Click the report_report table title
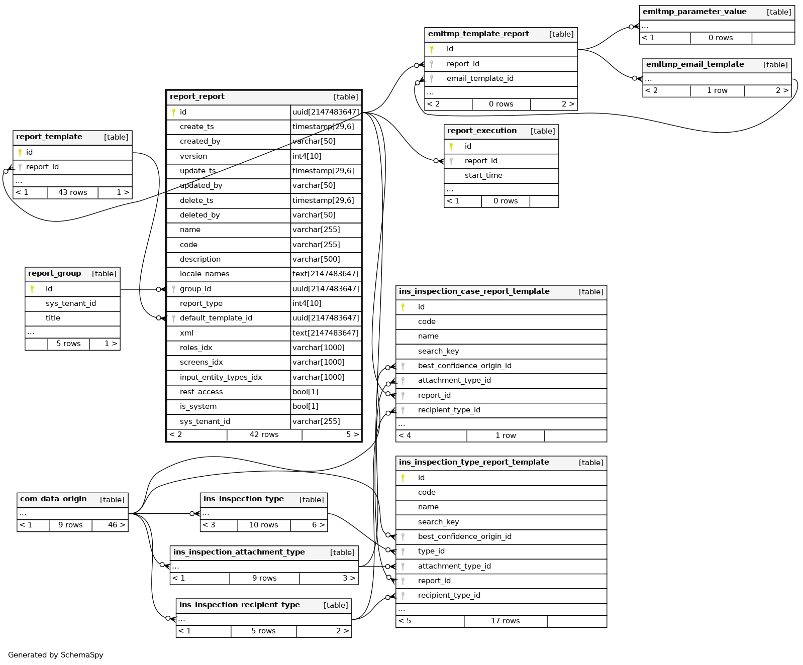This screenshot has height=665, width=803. point(197,97)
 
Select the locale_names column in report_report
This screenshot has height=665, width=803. point(205,274)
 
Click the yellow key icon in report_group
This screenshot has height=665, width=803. point(32,289)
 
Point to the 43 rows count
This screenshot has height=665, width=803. point(72,192)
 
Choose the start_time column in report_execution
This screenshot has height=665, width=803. point(483,175)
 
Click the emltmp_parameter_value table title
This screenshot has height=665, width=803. point(694,12)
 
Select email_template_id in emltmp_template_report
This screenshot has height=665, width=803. point(479,78)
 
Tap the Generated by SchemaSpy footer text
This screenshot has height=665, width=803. point(56,655)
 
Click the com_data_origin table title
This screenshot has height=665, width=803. point(53,499)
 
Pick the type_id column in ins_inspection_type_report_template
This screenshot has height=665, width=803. point(431,551)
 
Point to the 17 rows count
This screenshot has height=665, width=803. point(505,621)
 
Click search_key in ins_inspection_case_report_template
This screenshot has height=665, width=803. point(438,351)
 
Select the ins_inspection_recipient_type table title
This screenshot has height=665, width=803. point(239,605)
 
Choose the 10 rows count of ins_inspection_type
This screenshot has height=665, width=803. point(263,525)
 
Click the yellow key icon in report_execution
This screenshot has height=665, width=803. point(451,146)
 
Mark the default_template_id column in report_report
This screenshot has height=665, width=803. point(216,318)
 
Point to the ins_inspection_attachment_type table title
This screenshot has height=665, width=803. point(239,552)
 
